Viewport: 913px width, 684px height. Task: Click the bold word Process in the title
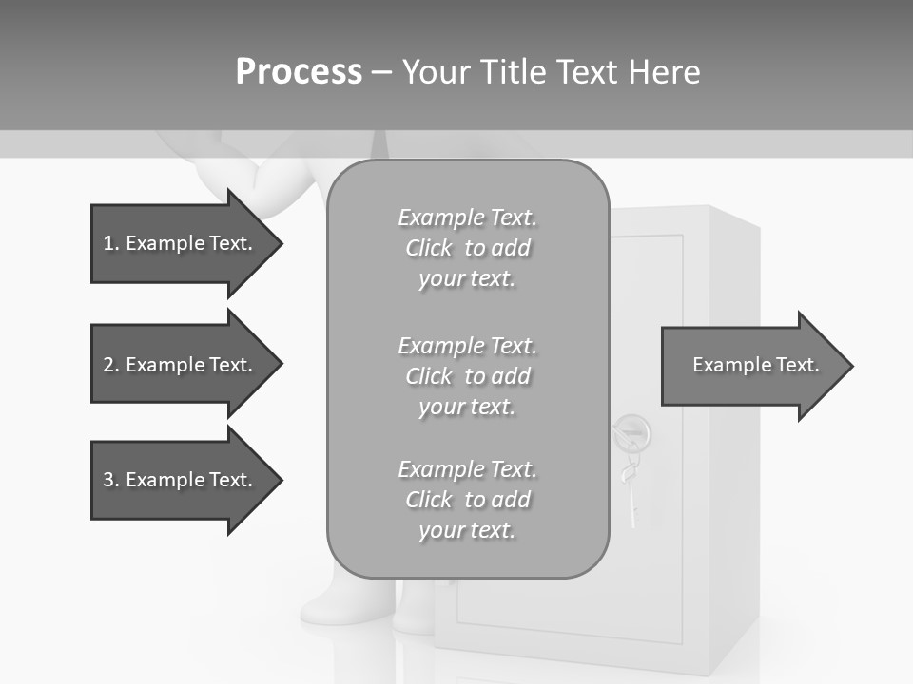[299, 72]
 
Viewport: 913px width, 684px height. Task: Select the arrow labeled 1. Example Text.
[181, 243]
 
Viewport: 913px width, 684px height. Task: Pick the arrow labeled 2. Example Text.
[181, 365]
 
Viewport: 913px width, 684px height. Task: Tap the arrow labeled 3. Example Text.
[181, 480]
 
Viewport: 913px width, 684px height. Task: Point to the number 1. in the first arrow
[111, 243]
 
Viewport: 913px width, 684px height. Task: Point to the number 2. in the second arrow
[111, 365]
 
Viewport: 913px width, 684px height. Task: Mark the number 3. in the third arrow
[111, 480]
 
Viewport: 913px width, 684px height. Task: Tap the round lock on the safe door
[631, 434]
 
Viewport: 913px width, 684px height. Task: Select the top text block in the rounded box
[467, 248]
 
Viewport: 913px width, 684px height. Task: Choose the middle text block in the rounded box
[467, 376]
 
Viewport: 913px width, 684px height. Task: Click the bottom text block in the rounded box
[467, 500]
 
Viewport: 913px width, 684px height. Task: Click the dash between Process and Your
[381, 72]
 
